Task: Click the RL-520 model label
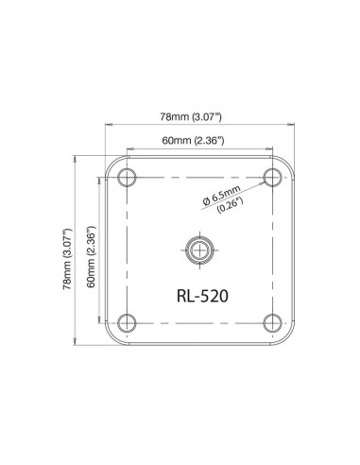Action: point(200,294)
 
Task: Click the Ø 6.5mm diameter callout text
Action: point(223,197)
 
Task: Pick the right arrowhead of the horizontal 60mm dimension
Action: point(272,148)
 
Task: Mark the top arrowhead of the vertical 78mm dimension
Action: point(77,159)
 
